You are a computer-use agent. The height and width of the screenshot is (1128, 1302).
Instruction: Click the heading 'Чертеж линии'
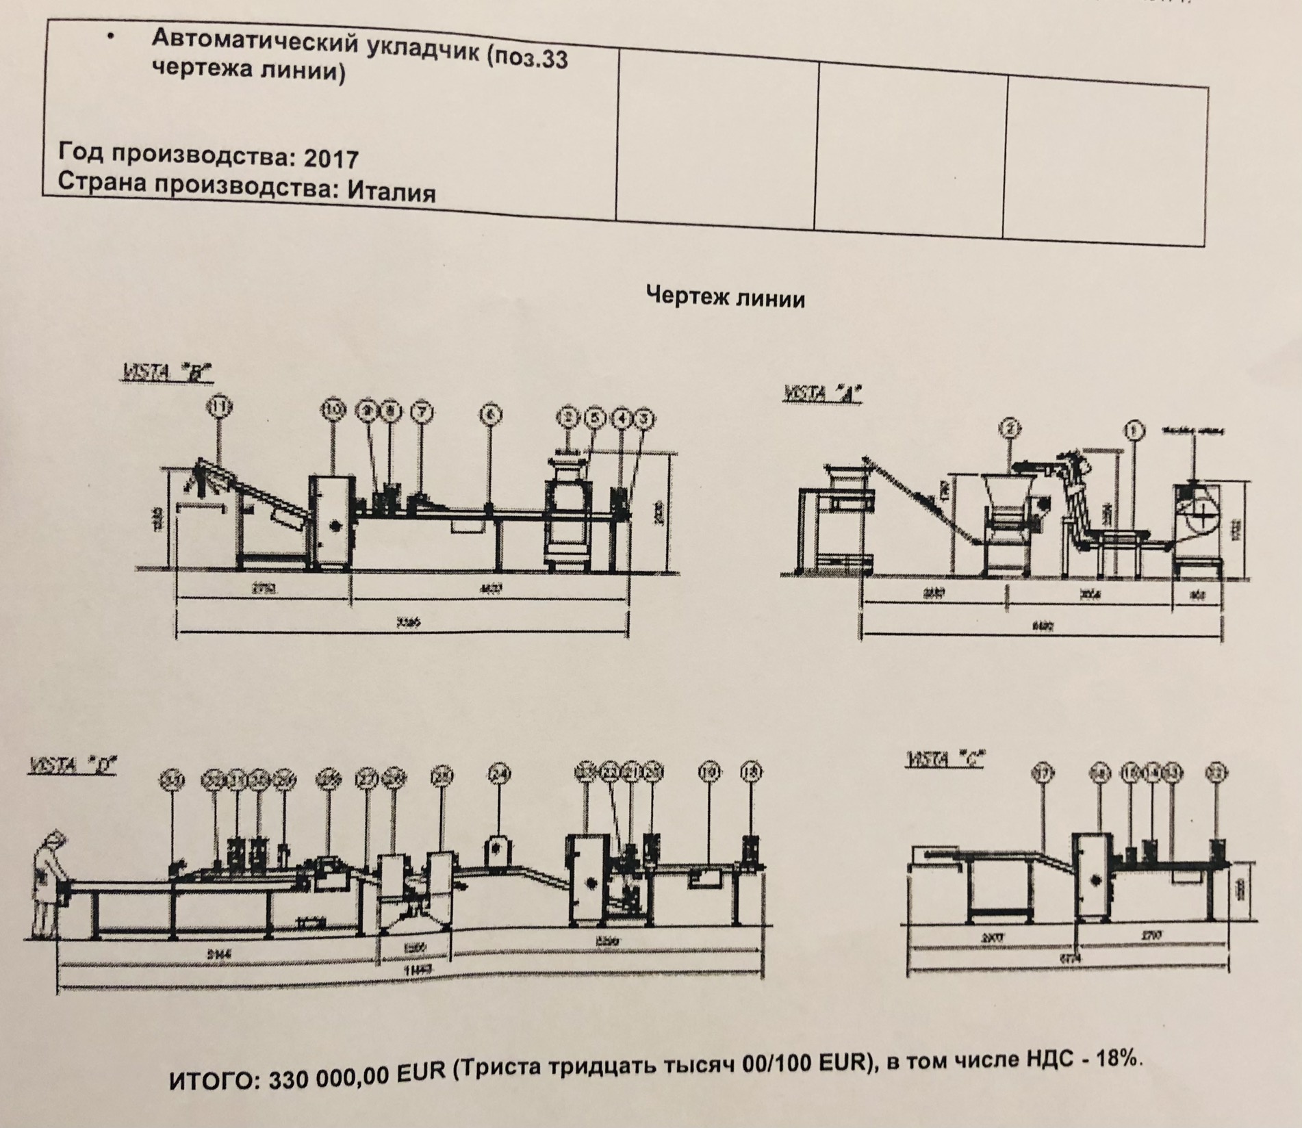(x=725, y=299)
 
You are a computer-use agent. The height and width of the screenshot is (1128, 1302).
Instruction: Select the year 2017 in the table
(x=331, y=159)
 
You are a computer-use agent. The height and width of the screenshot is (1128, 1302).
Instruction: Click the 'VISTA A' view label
(x=822, y=395)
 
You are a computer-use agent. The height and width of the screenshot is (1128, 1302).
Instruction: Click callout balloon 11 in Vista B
(x=219, y=409)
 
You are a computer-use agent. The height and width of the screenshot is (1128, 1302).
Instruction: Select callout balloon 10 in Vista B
(x=333, y=411)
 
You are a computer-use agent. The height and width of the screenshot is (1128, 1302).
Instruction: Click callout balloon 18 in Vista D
(x=751, y=773)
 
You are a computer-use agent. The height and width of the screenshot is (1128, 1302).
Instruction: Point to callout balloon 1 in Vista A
(x=1135, y=431)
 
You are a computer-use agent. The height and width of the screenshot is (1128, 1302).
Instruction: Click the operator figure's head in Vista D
(x=53, y=838)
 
